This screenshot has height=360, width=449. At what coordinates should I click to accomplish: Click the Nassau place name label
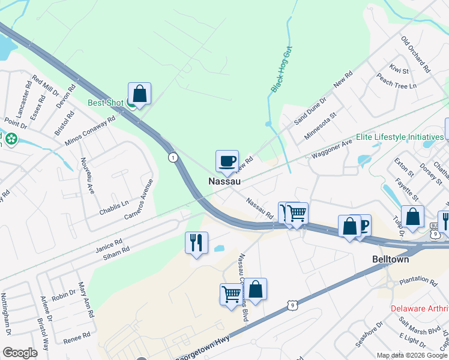point(224,181)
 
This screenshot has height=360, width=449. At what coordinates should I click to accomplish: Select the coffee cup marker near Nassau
point(227,161)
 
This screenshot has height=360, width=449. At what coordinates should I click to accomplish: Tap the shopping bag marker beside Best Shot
point(139,94)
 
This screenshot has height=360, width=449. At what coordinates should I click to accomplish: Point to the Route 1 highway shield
point(173,157)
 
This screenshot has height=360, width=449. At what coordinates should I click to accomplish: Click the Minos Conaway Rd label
point(89,131)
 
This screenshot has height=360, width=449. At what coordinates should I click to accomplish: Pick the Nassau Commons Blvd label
point(243,287)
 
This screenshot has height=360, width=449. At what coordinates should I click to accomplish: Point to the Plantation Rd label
point(419,280)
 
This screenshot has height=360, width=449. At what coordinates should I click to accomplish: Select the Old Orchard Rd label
point(416,55)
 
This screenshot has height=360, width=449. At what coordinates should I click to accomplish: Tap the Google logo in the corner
point(20,353)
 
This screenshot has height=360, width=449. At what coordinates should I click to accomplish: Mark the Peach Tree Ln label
point(396,82)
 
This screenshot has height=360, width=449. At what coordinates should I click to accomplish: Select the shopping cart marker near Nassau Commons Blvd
point(231,294)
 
